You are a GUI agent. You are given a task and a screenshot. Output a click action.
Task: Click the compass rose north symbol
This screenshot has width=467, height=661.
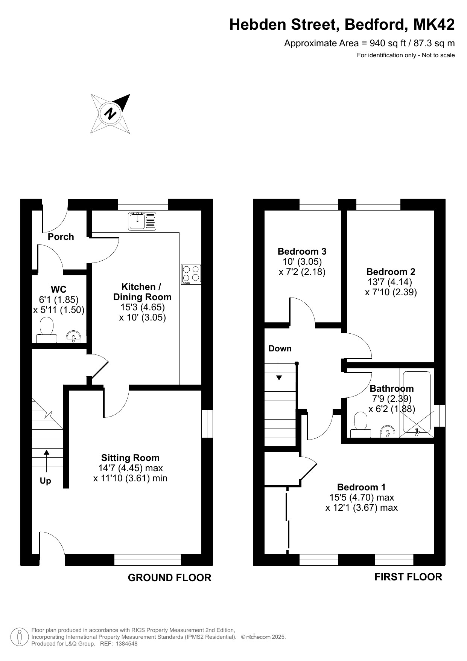pyautogui.click(x=111, y=113)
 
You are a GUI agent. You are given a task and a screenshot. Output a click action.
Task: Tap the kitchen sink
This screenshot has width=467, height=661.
pyautogui.click(x=142, y=221)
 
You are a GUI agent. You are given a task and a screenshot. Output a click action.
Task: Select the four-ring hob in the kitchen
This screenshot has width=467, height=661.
pyautogui.click(x=191, y=274)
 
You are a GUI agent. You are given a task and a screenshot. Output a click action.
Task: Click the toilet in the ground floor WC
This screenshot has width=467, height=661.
pyautogui.click(x=47, y=330)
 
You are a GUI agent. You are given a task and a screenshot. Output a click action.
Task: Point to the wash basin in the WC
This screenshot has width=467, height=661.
pyautogui.click(x=74, y=337)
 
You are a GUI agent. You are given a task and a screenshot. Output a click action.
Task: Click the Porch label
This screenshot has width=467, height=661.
pyautogui.click(x=61, y=237)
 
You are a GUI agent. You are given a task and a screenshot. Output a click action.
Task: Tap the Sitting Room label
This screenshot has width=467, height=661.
pyautogui.click(x=130, y=458)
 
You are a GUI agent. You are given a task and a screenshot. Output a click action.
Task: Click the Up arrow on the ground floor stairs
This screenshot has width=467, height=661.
pyautogui.click(x=47, y=461)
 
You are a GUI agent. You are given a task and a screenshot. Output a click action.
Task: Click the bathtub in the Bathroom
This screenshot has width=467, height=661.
pyautogui.click(x=417, y=401)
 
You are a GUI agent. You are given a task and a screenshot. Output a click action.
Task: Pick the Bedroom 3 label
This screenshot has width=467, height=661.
pyautogui.click(x=302, y=251)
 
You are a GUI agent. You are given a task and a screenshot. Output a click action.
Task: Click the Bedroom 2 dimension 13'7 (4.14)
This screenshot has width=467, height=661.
pyautogui.click(x=389, y=282)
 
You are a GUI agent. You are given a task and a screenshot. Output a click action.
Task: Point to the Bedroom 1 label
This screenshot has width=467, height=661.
pyautogui.click(x=361, y=487)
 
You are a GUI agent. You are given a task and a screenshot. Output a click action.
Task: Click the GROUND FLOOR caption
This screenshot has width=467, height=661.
pyautogui.click(x=170, y=578)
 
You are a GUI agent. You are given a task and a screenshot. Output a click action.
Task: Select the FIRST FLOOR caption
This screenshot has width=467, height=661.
pyautogui.click(x=408, y=577)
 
